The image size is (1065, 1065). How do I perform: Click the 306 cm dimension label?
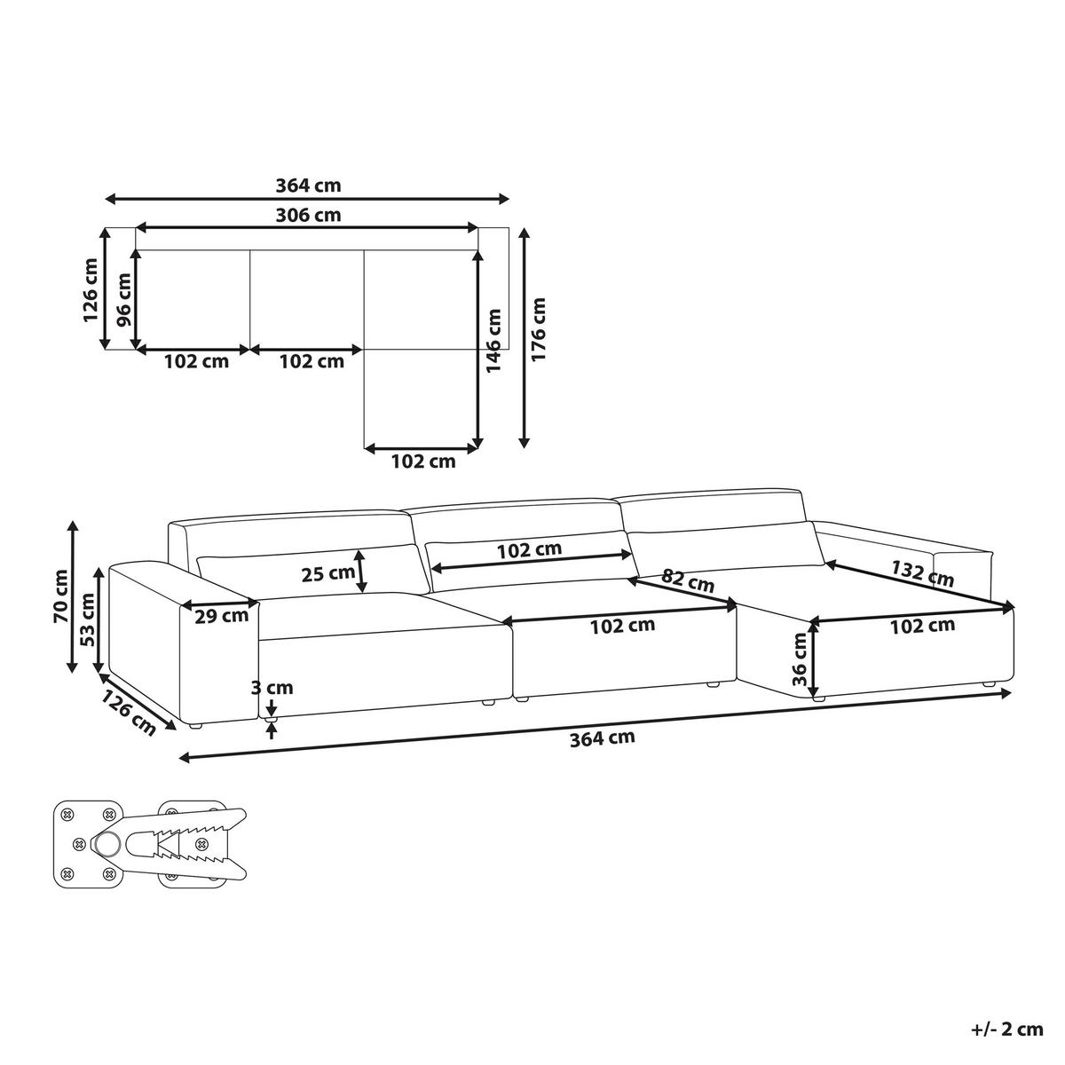click(x=308, y=215)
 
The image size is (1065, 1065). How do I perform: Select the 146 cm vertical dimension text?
click(x=493, y=341)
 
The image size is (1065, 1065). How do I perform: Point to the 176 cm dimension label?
click(x=538, y=329)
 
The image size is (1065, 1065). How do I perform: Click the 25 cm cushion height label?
click(x=328, y=573)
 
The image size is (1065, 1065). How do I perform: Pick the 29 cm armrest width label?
click(x=222, y=616)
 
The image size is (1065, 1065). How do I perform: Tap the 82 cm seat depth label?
click(x=688, y=580)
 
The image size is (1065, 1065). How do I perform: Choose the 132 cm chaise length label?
click(x=922, y=573)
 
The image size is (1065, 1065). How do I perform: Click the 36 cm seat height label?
click(x=800, y=667)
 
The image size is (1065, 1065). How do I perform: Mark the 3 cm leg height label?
click(x=272, y=688)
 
